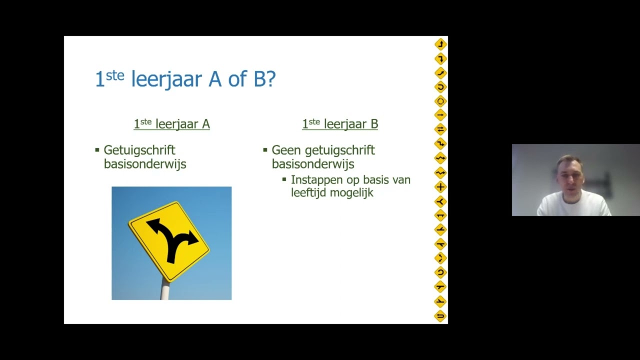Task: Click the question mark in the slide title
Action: coord(271,79)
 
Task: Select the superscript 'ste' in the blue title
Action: coord(115,74)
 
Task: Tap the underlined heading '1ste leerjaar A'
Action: coord(171,124)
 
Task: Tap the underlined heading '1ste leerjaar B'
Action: coord(340,124)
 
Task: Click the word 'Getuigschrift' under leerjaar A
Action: coord(139,150)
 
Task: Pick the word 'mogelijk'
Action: coord(352,193)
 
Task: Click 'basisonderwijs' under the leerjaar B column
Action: coord(313,163)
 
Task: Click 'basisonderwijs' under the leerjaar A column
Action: coord(145,163)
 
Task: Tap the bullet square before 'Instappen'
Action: coord(284,179)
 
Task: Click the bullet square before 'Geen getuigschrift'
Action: coord(265,149)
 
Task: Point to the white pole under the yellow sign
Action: coord(164,289)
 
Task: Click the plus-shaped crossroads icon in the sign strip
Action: coord(440,187)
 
